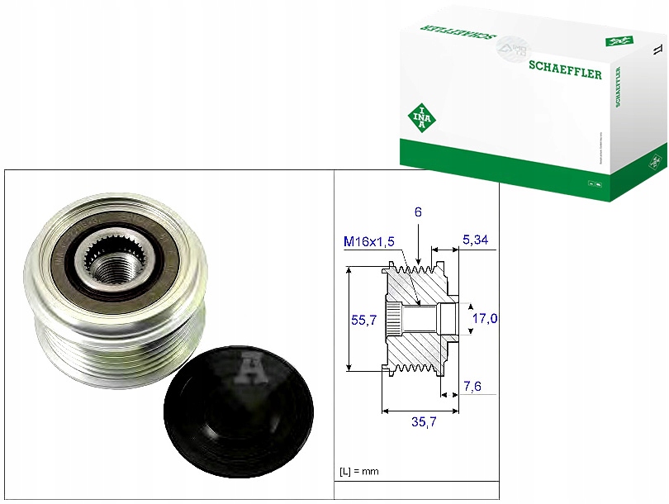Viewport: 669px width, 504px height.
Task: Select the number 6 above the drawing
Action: (x=418, y=212)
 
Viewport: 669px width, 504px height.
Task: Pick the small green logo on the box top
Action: (x=617, y=40)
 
